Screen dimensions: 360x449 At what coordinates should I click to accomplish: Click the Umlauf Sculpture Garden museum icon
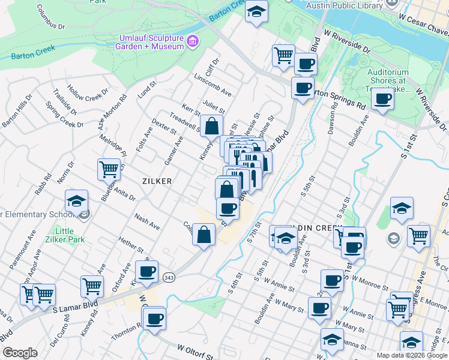192,41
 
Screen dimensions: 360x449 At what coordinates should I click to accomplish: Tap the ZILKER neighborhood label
157,181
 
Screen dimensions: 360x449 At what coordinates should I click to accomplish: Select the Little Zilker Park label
64,236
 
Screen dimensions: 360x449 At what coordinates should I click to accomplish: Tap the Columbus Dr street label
50,18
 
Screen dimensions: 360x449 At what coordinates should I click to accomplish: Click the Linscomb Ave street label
212,85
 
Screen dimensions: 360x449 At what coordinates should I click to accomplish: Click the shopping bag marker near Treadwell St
212,127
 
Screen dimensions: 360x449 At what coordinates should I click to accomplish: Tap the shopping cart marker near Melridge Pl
109,169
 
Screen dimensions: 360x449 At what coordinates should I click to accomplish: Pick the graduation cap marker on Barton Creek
256,11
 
